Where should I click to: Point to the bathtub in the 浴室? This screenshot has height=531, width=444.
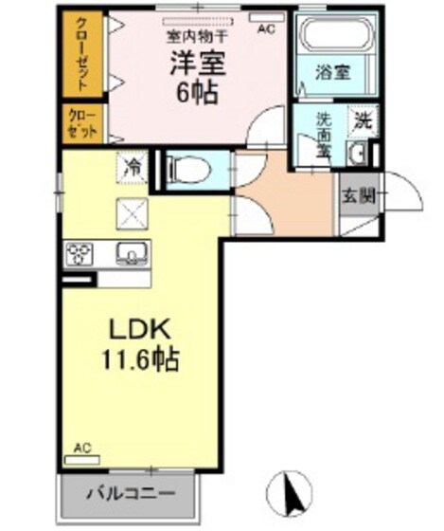tap(336, 39)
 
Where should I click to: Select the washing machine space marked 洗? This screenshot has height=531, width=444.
tap(362, 120)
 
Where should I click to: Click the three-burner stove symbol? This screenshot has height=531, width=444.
tap(79, 253)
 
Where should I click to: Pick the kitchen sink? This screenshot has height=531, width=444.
tap(131, 252)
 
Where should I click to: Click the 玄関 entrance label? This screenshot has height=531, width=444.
tap(359, 196)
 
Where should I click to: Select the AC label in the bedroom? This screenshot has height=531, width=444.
tap(266, 29)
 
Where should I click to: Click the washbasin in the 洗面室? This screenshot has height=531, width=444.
tap(360, 154)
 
